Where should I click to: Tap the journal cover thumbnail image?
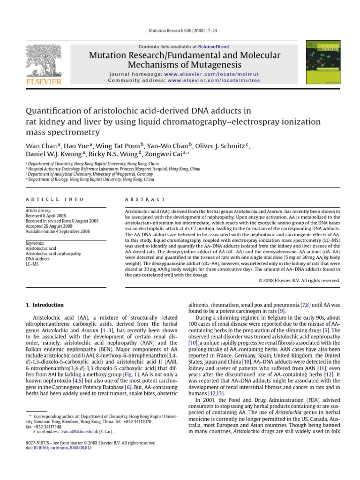[x=323, y=63]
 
